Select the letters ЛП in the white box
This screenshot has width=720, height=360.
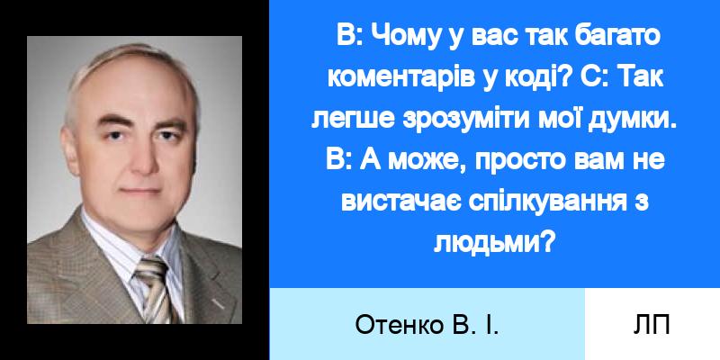pyautogui.click(x=652, y=325)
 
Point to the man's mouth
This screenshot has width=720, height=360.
pyautogui.click(x=141, y=191)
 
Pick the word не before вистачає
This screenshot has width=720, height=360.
pyautogui.click(x=650, y=162)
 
